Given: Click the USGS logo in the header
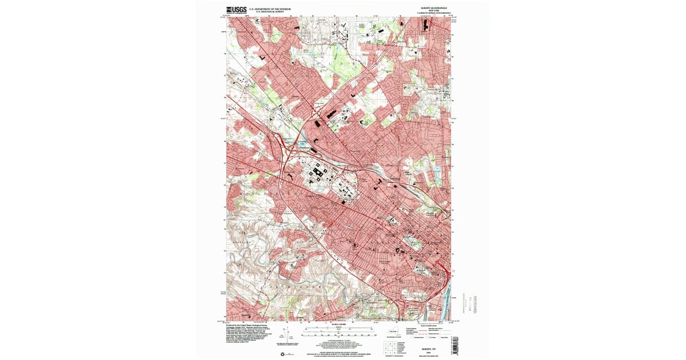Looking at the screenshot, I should (x=236, y=9).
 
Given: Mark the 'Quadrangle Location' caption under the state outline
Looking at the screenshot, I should (x=392, y=339).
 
